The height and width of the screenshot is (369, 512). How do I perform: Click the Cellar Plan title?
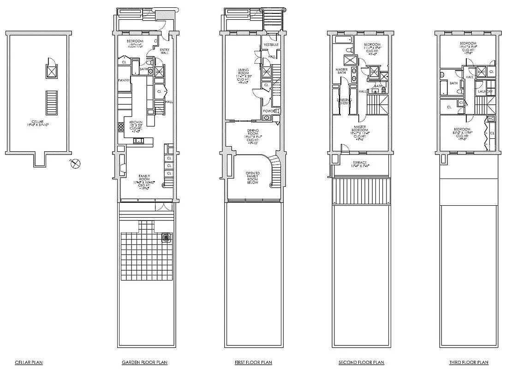29,363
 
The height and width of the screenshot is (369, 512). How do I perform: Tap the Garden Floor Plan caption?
144,363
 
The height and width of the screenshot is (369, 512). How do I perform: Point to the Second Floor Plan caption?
361,363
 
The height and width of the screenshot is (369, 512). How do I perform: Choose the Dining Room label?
252,133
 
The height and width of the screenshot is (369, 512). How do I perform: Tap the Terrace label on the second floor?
360,163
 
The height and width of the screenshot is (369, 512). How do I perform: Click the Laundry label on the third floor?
486,91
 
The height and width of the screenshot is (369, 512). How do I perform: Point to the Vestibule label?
271,45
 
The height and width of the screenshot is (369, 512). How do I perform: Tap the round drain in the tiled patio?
167,238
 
